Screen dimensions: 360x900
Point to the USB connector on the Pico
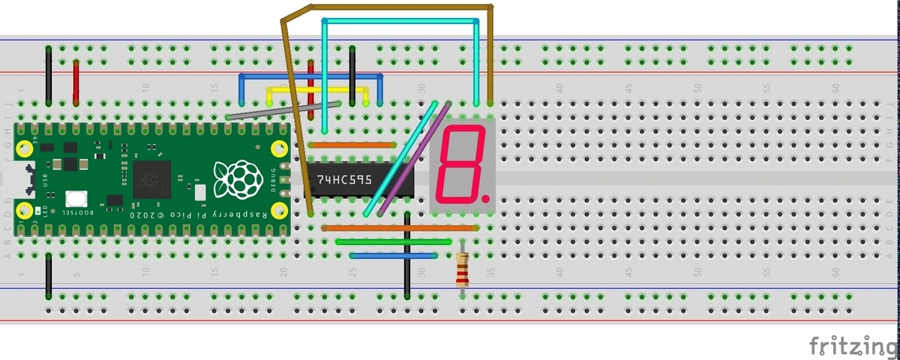(x=16, y=182)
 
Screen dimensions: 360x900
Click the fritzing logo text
(x=853, y=346)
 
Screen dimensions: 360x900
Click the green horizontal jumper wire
(x=394, y=241)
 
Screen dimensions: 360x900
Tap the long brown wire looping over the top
(x=390, y=6)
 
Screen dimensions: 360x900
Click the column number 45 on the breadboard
(x=628, y=88)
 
